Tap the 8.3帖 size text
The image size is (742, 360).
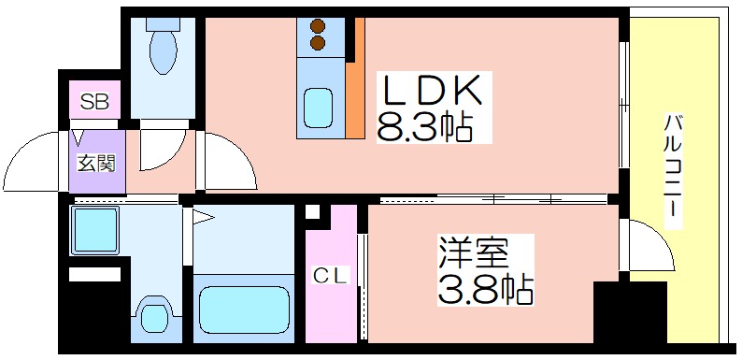click(424, 126)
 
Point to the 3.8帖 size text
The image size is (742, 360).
click(486, 289)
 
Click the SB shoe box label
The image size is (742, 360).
click(94, 101)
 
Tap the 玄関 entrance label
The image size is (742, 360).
click(96, 164)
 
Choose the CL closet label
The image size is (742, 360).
click(332, 276)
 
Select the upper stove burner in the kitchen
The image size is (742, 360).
click(318, 25)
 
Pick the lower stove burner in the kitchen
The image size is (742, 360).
click(318, 43)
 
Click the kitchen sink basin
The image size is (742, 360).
click(318, 109)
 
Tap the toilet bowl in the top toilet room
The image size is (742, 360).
click(163, 51)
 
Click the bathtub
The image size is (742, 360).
click(244, 309)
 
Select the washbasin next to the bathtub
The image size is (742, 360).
click(153, 315)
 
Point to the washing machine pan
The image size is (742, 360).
click(94, 231)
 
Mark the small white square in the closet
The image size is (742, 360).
click(312, 211)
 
